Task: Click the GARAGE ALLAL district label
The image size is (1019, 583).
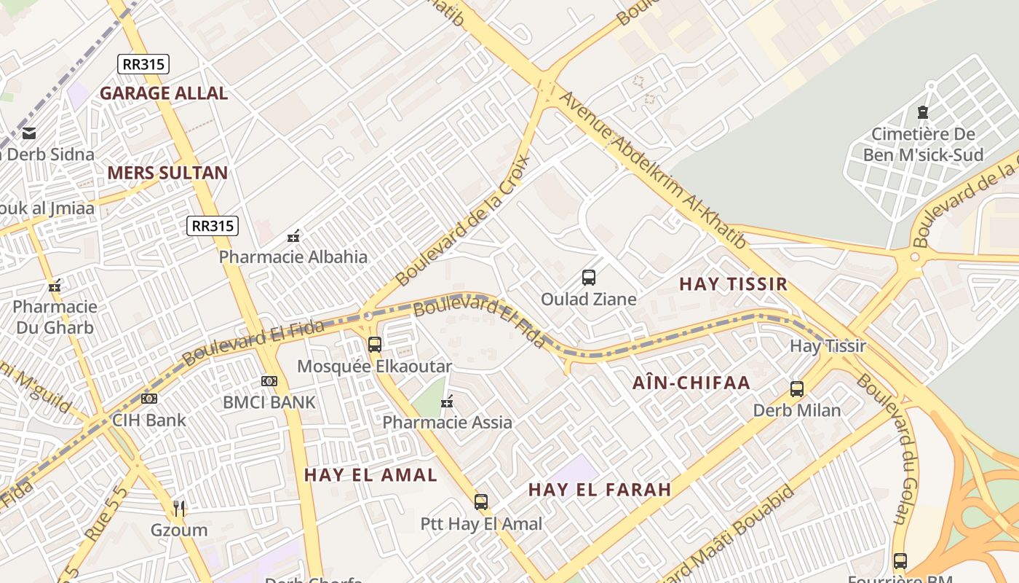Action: [164, 93]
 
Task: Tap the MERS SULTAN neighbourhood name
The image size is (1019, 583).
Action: [167, 173]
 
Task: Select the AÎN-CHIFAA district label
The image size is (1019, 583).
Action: [691, 383]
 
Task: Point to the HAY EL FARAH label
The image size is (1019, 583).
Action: [600, 490]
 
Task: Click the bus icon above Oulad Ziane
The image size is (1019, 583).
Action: [589, 278]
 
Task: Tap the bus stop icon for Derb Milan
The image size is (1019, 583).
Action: [797, 389]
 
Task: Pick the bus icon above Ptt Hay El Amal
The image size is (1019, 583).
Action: [481, 502]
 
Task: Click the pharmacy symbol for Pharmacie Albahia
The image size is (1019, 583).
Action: [293, 236]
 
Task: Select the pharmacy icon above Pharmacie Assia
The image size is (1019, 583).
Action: [447, 402]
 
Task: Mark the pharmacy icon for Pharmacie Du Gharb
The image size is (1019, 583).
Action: [54, 286]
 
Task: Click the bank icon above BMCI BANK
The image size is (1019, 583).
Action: [269, 381]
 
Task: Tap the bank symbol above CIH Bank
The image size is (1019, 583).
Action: [149, 399]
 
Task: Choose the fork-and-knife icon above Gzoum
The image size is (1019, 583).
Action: [179, 508]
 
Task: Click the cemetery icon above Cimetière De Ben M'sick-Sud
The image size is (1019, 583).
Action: [923, 113]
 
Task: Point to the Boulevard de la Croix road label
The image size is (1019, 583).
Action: [464, 220]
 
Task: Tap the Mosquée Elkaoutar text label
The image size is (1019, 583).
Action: [374, 367]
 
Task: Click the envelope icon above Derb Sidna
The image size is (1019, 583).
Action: [29, 133]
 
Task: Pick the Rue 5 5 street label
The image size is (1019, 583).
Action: [106, 514]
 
